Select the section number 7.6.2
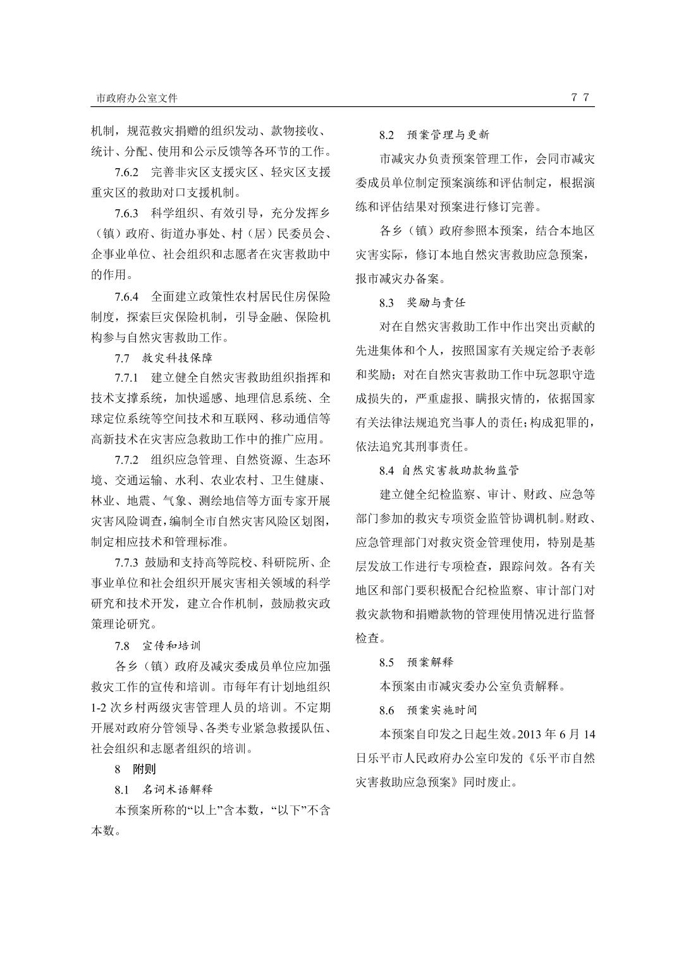[126, 172]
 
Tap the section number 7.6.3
[126, 212]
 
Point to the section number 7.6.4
[126, 296]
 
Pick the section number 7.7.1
[126, 377]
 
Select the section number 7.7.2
[126, 459]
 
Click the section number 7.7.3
[126, 562]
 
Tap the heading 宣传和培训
[171, 646]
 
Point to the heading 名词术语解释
[178, 790]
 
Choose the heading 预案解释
[431, 662]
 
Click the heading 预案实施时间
[442, 710]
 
